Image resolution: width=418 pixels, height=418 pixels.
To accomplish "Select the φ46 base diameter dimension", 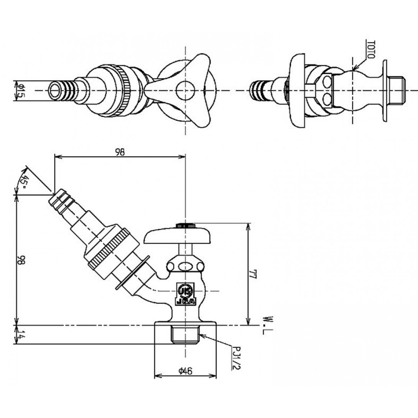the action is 185,370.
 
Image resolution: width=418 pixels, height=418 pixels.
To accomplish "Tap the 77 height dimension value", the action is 253,274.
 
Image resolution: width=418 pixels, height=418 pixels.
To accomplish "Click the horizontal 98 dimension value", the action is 120,152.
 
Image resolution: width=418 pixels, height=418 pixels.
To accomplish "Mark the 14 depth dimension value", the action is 21,334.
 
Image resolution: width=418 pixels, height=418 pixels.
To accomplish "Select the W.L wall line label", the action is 267,325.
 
